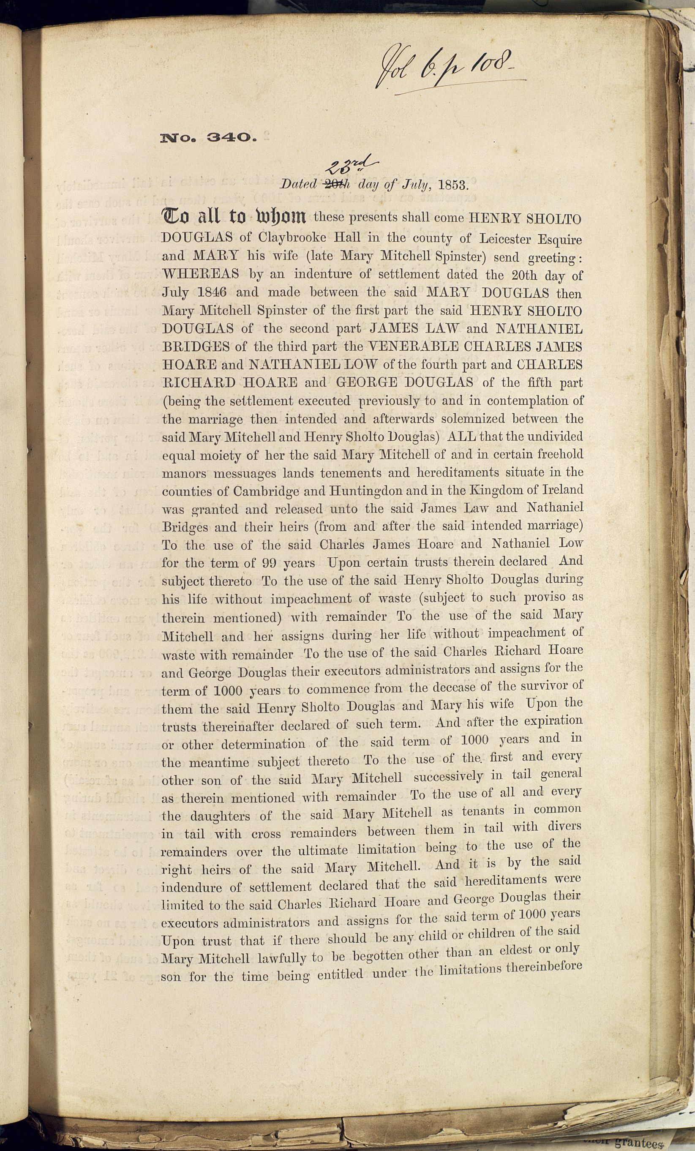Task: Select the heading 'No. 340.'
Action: coord(208,138)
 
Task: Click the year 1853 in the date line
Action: coord(452,185)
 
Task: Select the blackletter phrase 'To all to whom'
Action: coord(234,217)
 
